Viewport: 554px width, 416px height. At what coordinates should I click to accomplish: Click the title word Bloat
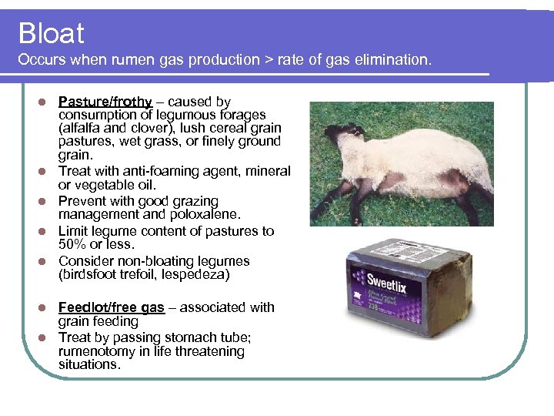[x=51, y=34]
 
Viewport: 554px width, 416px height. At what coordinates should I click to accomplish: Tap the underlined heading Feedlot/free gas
[x=112, y=307]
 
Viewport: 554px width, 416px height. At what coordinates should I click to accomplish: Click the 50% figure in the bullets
[x=73, y=245]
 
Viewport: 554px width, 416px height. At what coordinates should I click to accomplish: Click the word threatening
[x=207, y=351]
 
